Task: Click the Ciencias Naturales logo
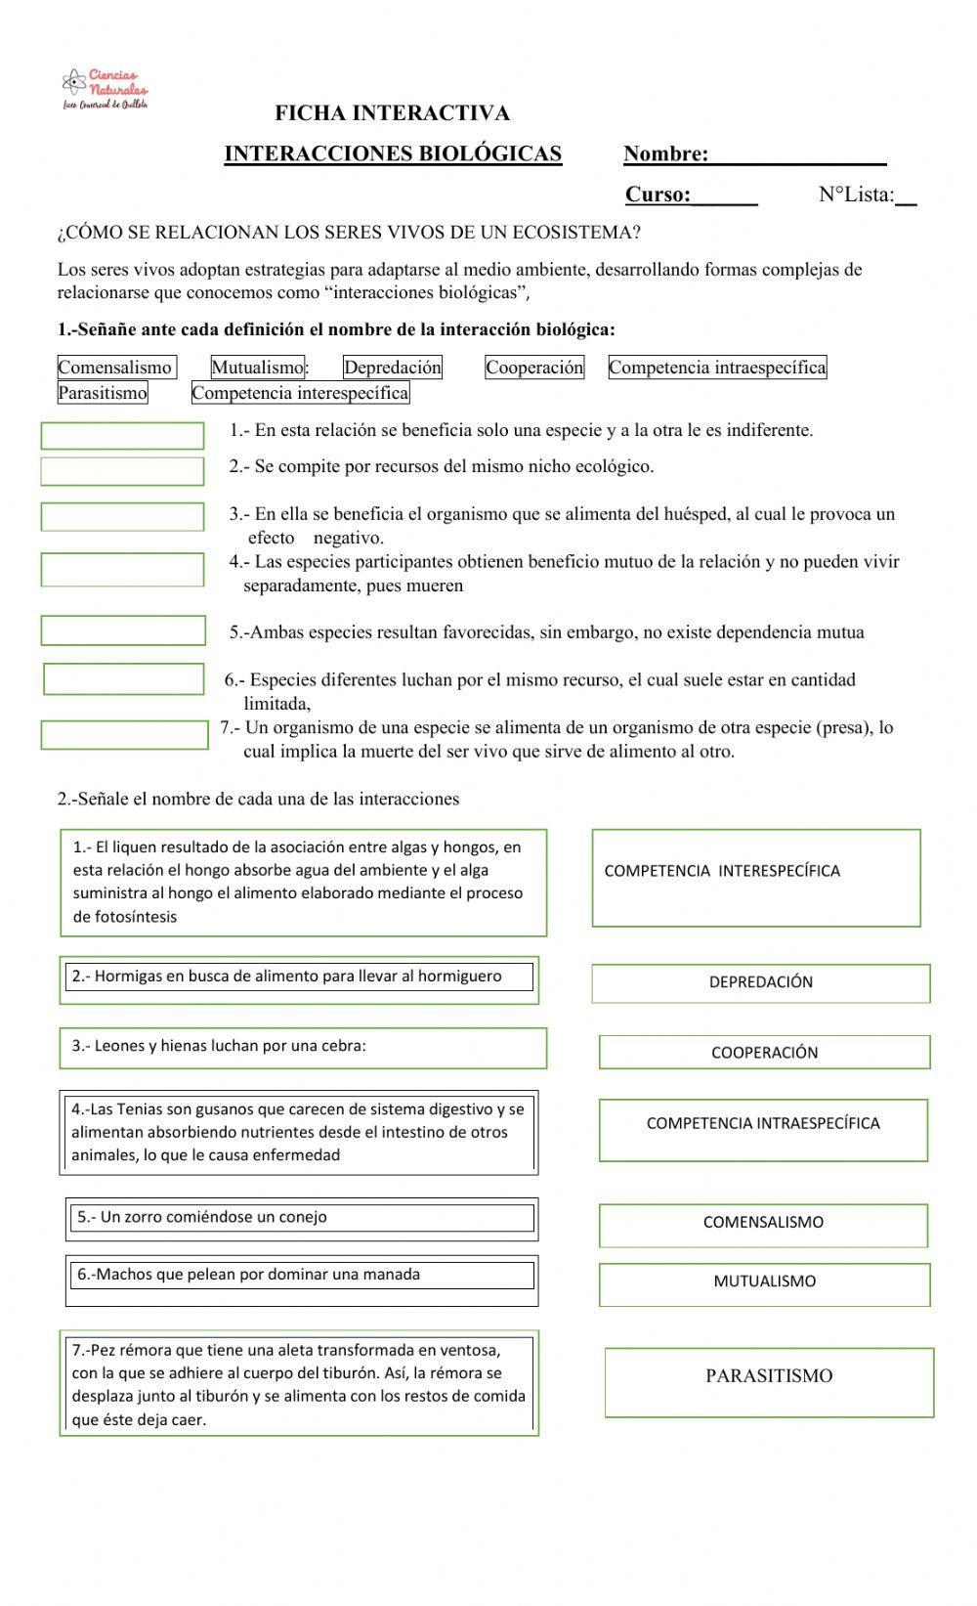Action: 105,89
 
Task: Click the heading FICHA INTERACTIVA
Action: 392,113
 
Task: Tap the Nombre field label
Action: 665,153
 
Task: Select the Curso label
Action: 658,195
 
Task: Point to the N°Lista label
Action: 856,195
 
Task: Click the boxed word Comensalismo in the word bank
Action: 116,368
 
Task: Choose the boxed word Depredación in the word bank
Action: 393,368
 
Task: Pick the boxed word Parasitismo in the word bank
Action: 103,393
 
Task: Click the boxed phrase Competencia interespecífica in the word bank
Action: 301,393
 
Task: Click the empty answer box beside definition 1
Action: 122,436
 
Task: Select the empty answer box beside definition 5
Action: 123,630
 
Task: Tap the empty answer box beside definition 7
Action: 124,735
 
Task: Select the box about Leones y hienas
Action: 303,1048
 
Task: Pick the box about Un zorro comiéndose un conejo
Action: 301,1219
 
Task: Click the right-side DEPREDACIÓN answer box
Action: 760,983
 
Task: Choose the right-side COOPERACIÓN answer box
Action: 764,1053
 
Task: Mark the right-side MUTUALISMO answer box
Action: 764,1284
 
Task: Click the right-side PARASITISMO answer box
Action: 769,1382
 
